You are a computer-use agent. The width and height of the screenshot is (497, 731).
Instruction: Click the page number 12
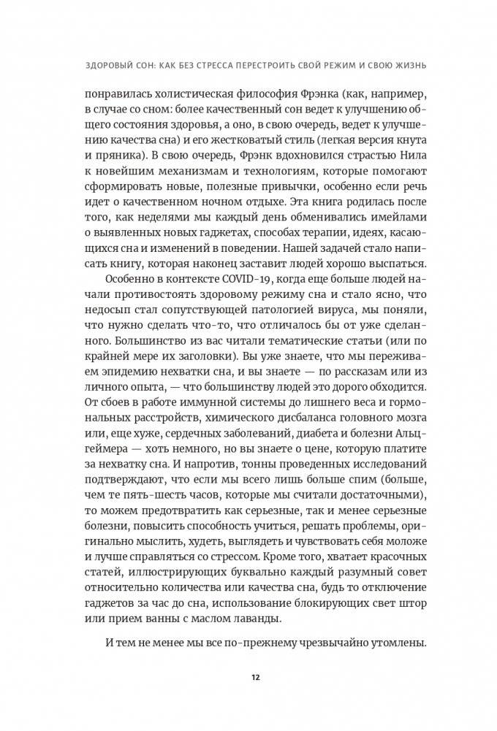[249, 676]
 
